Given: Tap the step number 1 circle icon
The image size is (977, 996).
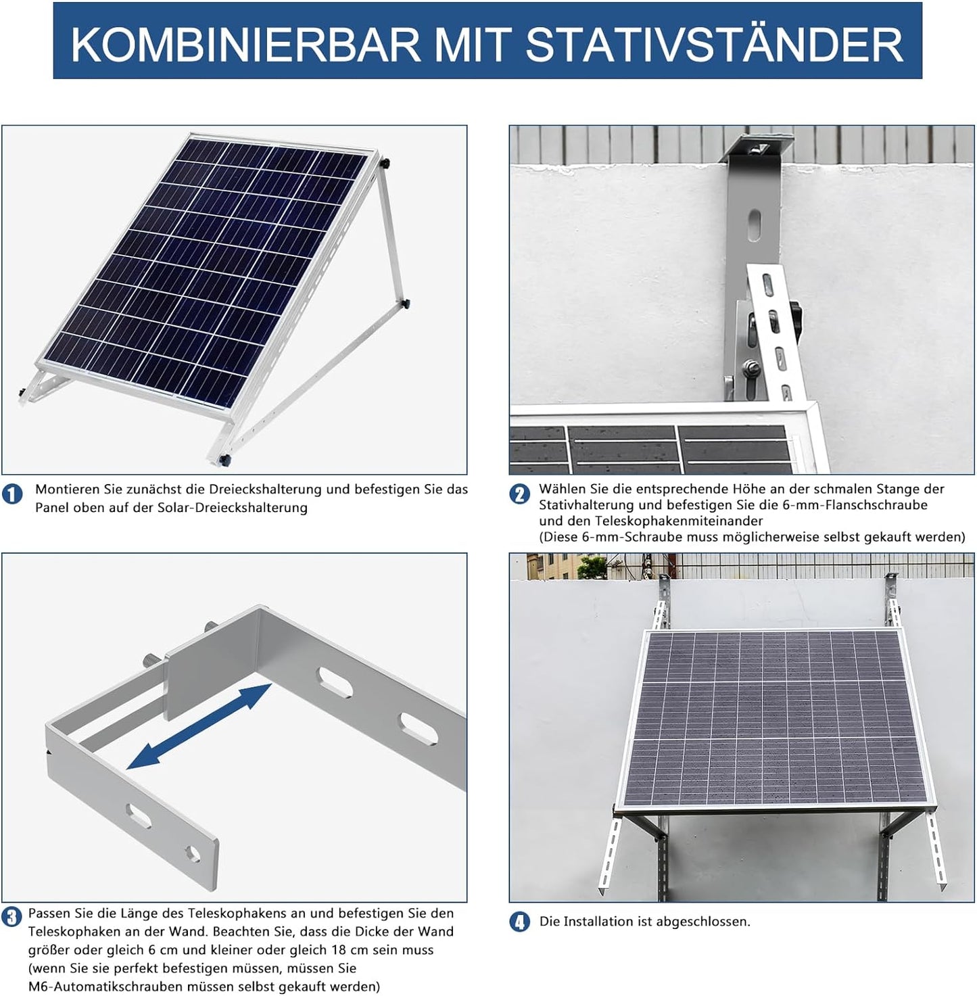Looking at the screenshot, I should (x=12, y=494).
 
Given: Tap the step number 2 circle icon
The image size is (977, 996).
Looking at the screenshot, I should (x=519, y=494).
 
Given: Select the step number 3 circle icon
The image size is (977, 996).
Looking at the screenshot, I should (x=11, y=918).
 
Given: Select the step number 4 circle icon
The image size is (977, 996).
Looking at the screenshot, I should (x=519, y=922).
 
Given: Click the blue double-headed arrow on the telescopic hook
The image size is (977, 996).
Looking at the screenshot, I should (x=199, y=726).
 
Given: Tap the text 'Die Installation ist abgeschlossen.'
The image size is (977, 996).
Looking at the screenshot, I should (x=644, y=922).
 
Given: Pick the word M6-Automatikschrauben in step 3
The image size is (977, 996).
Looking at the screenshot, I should (x=99, y=987).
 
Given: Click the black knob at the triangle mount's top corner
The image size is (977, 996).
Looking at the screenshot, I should (x=385, y=163).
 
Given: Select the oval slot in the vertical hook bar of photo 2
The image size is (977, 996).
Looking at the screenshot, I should (x=754, y=225).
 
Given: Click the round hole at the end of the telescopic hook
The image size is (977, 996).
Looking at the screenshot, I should (x=193, y=855).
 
